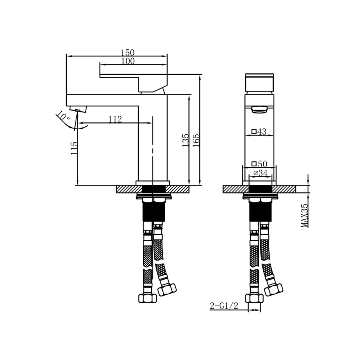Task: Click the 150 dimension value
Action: point(128,52)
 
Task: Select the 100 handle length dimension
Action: point(128,61)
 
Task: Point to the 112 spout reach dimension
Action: point(115,119)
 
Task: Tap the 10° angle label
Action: point(63,116)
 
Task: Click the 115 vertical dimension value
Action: point(74,148)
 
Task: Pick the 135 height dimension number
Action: point(185,141)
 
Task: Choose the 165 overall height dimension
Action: point(196,141)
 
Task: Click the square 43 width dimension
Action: point(259,132)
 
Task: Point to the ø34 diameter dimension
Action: point(260,173)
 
